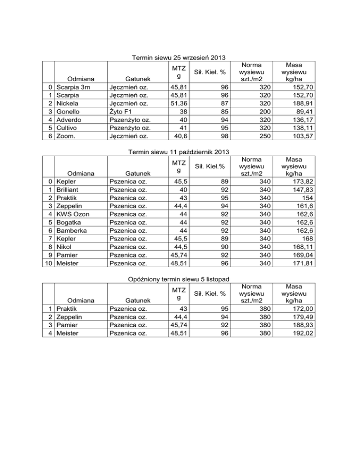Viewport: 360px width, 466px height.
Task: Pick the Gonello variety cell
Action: [x=70, y=112]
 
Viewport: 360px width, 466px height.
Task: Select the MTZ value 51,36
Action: [x=175, y=104]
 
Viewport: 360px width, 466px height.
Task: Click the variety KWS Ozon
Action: [x=73, y=214]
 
